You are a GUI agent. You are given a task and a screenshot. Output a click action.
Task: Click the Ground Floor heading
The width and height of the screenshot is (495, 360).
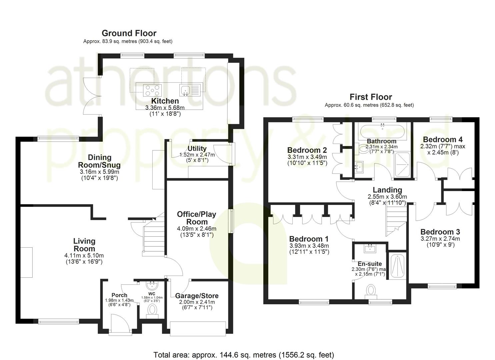(x=129, y=33)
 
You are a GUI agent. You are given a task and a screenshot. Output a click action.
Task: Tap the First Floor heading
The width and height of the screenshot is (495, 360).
(x=371, y=97)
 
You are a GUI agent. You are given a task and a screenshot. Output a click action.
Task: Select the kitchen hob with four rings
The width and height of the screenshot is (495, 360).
(x=152, y=90)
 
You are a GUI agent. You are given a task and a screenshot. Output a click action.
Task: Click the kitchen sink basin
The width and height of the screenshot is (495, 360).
(x=185, y=90)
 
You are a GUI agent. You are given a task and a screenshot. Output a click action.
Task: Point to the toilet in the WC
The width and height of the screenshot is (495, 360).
(x=152, y=311)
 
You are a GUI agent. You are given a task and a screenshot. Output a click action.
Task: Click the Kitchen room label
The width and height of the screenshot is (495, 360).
(x=165, y=101)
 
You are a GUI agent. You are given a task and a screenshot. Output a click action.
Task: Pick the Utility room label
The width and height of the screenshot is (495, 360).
(x=197, y=148)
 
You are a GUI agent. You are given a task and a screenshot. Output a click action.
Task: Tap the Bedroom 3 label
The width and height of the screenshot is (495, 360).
(x=440, y=232)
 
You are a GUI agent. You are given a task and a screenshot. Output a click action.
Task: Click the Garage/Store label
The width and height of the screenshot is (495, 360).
(x=197, y=296)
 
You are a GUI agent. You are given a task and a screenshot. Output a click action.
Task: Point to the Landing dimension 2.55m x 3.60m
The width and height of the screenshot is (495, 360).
(x=387, y=197)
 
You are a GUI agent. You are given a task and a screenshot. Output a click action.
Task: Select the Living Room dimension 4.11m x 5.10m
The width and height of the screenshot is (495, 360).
(x=84, y=256)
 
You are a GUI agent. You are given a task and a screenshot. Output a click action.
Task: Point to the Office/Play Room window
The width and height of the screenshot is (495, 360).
(x=231, y=221)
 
